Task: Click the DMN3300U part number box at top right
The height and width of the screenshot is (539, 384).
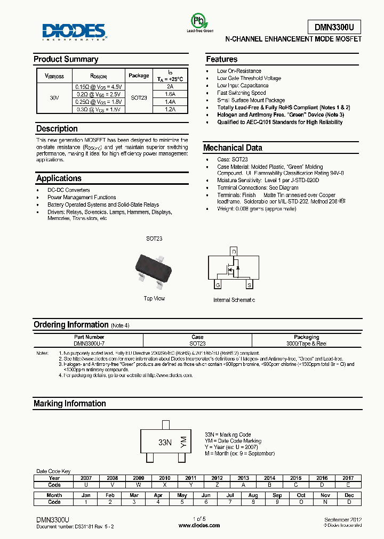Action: (x=334, y=27)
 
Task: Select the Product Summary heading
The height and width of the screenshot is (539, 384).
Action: (x=66, y=59)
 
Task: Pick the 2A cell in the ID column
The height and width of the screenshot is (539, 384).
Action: (x=170, y=86)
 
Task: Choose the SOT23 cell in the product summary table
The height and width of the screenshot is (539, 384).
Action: (x=139, y=97)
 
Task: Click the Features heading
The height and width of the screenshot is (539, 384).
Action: (x=221, y=59)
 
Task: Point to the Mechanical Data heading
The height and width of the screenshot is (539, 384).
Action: (x=233, y=148)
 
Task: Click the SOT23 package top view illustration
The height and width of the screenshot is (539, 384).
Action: (x=155, y=266)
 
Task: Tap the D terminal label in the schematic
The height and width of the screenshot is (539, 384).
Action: (x=233, y=251)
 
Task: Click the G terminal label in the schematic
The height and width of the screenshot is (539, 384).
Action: (x=218, y=284)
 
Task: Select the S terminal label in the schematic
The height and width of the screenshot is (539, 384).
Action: (x=249, y=284)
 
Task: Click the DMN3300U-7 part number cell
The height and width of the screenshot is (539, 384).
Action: (x=89, y=344)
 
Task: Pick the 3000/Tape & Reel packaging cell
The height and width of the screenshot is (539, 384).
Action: (x=306, y=344)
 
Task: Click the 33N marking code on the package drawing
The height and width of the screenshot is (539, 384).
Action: (x=165, y=443)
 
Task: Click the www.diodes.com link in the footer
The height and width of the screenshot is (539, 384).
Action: (x=199, y=525)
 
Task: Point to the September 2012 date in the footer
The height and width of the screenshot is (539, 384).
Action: (x=342, y=519)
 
